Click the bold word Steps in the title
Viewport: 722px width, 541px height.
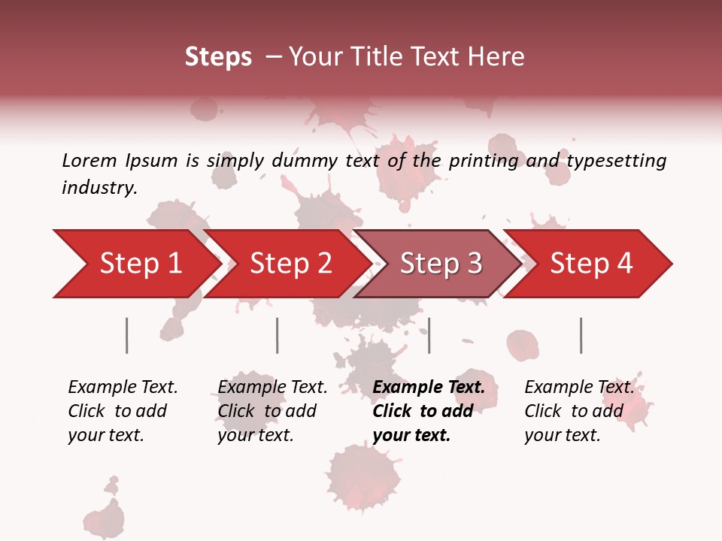click(218, 57)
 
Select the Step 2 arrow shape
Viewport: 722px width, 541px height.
click(290, 264)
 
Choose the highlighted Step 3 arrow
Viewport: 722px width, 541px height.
click(440, 264)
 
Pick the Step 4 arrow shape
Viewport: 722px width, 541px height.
click(590, 264)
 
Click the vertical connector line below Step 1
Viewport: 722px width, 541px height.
click(126, 335)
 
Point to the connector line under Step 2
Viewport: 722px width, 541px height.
click(278, 335)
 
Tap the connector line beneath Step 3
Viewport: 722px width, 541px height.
click(429, 335)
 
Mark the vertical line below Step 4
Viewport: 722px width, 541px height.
click(581, 335)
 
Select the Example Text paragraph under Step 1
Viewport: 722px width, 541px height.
click(122, 411)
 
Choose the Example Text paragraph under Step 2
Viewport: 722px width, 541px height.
click(272, 411)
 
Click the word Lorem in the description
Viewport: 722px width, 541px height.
click(89, 160)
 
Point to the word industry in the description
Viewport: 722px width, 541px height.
click(99, 188)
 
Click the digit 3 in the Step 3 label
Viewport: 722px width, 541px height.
click(474, 264)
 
